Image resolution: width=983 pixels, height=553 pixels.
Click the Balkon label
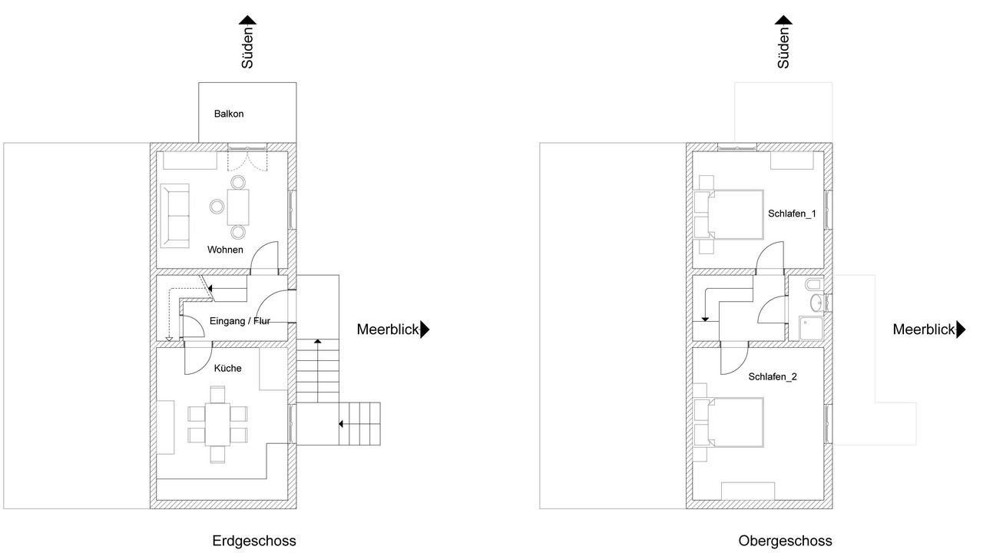(x=229, y=114)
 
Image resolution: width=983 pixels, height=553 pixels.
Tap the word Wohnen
(x=225, y=250)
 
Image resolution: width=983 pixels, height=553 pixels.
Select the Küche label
(x=228, y=368)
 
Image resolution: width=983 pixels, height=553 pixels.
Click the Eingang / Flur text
(x=240, y=321)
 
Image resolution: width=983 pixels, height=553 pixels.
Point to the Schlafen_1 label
(x=792, y=214)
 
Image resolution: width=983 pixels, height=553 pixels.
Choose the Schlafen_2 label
(x=773, y=376)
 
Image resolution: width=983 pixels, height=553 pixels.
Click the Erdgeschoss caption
(x=254, y=541)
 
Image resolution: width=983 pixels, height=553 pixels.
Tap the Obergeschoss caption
(x=785, y=541)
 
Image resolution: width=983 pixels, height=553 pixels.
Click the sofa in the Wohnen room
(x=174, y=216)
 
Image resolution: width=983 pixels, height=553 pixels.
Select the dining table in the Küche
(x=217, y=425)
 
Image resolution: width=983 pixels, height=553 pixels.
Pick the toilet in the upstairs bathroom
(x=814, y=284)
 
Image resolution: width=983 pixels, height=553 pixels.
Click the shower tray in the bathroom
(x=810, y=328)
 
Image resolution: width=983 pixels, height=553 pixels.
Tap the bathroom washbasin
(x=817, y=303)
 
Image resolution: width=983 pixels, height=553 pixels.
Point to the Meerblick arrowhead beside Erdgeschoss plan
(x=425, y=329)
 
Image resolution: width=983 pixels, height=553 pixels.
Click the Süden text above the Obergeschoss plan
(x=783, y=48)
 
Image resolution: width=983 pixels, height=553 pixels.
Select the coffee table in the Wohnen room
(x=238, y=207)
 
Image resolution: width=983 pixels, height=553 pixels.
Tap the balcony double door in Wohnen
(x=247, y=159)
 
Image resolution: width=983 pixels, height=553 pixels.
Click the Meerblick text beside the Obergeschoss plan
(x=924, y=329)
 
